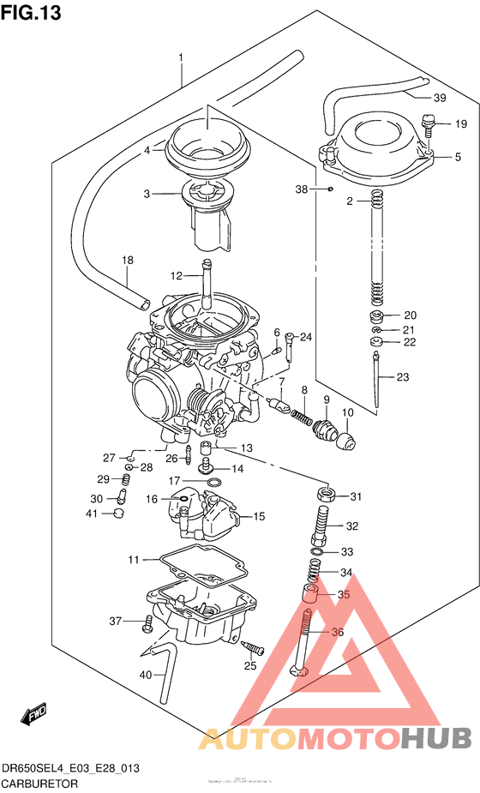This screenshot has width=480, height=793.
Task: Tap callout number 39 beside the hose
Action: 439,97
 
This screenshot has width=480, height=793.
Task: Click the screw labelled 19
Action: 430,125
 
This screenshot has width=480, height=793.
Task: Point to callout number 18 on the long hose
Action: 127,260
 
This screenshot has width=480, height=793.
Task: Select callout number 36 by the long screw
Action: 336,633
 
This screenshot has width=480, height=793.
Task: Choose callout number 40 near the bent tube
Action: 145,676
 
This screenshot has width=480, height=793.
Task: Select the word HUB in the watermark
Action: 436,736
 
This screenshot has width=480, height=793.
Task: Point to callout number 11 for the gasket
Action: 133,560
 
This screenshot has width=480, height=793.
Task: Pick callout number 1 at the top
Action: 181,57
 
